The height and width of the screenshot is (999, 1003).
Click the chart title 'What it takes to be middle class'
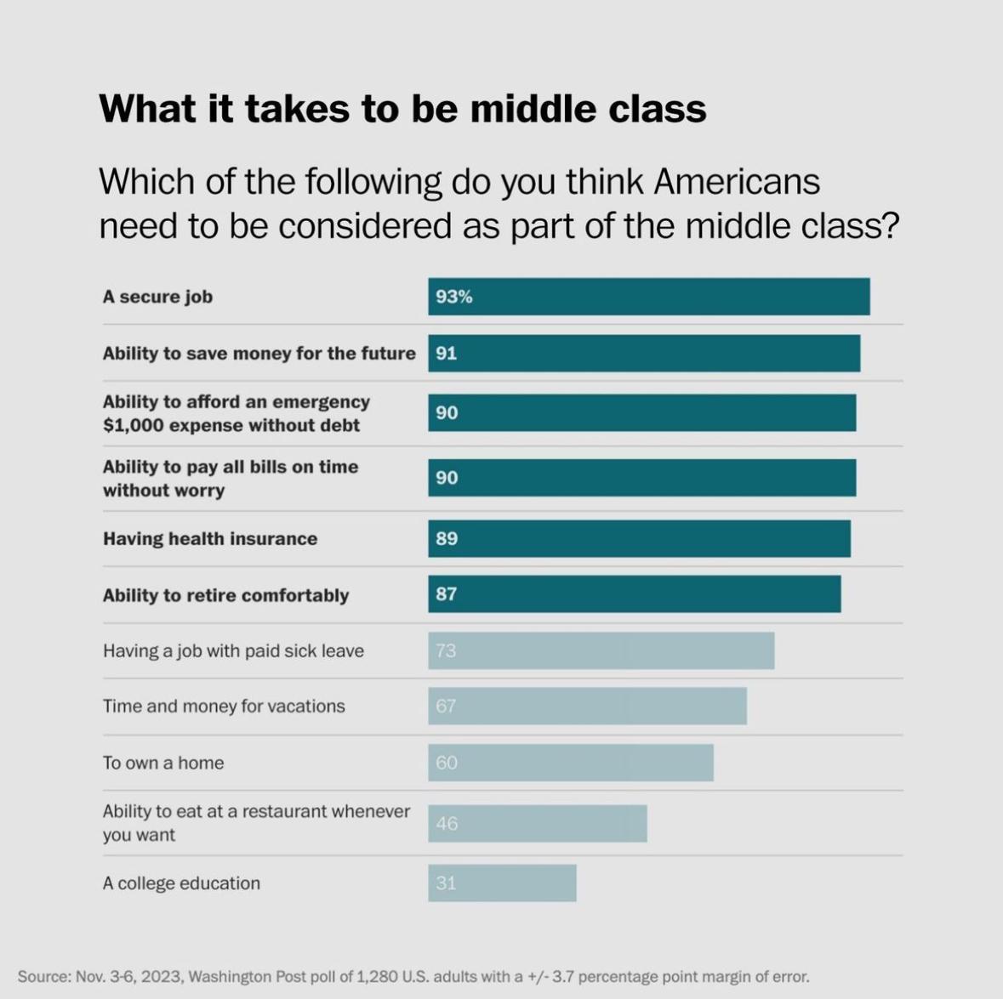point(402,109)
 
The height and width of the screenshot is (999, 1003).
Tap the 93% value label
point(454,297)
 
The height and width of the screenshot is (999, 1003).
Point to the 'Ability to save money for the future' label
point(259,354)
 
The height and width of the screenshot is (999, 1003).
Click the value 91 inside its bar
point(447,354)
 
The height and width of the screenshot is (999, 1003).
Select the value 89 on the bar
point(447,539)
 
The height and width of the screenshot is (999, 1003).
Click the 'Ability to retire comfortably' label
point(225,595)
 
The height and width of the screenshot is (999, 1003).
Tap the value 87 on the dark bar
point(447,594)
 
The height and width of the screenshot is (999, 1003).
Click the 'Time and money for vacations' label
point(224,707)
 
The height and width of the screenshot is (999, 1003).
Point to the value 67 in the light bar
point(446,707)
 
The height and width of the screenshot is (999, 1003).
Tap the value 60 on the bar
point(447,763)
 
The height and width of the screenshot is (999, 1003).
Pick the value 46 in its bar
point(447,823)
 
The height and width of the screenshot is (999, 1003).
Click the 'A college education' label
point(181,883)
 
